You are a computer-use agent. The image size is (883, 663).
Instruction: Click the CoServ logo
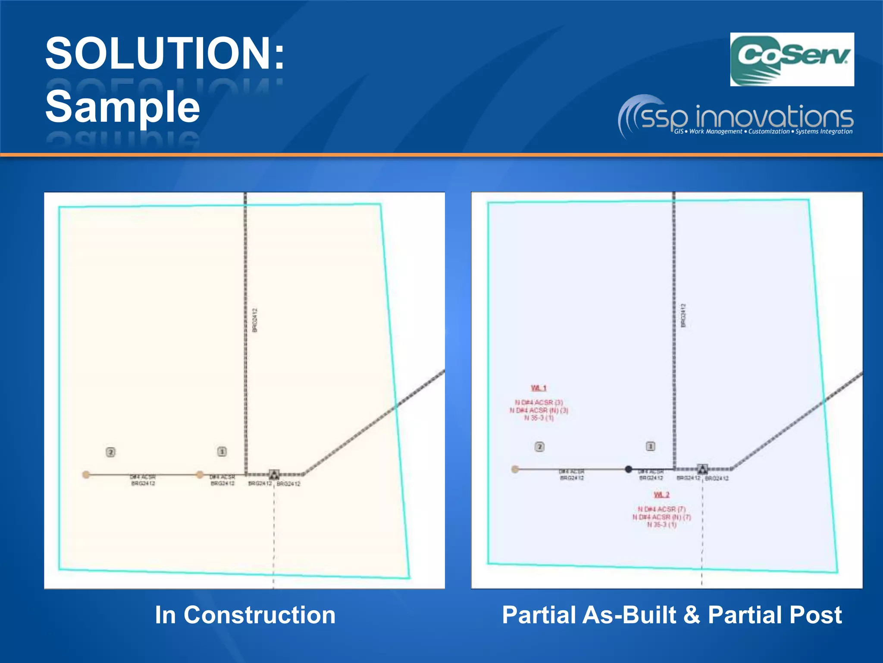coord(792,60)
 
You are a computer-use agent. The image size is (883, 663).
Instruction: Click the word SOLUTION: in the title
coord(165,54)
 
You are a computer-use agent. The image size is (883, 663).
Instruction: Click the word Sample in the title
coord(123,107)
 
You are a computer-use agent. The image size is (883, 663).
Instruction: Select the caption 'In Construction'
coord(245,615)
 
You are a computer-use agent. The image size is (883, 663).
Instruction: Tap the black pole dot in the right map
coord(629,469)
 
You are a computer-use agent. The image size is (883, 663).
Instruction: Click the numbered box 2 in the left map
coord(111,452)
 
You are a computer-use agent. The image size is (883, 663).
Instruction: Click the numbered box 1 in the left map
coord(222,451)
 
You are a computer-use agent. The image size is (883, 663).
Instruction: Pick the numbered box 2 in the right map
coord(539,447)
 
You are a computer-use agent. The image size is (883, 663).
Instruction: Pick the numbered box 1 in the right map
coord(651,446)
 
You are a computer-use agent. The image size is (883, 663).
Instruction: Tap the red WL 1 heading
coord(539,388)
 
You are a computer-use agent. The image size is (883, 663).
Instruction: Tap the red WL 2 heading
coord(661,495)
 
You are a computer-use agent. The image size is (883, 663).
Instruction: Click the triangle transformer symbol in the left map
coord(274,475)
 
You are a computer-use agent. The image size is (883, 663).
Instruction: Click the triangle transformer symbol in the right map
coord(702,469)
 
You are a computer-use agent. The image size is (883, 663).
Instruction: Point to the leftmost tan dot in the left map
coord(86,475)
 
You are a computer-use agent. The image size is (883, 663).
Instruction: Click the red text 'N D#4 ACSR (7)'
coord(662,509)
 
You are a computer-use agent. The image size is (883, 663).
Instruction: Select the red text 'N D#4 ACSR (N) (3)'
coord(539,410)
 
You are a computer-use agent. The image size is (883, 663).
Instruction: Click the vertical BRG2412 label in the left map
coord(255,320)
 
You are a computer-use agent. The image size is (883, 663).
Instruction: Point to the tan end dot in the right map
coord(515,469)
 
